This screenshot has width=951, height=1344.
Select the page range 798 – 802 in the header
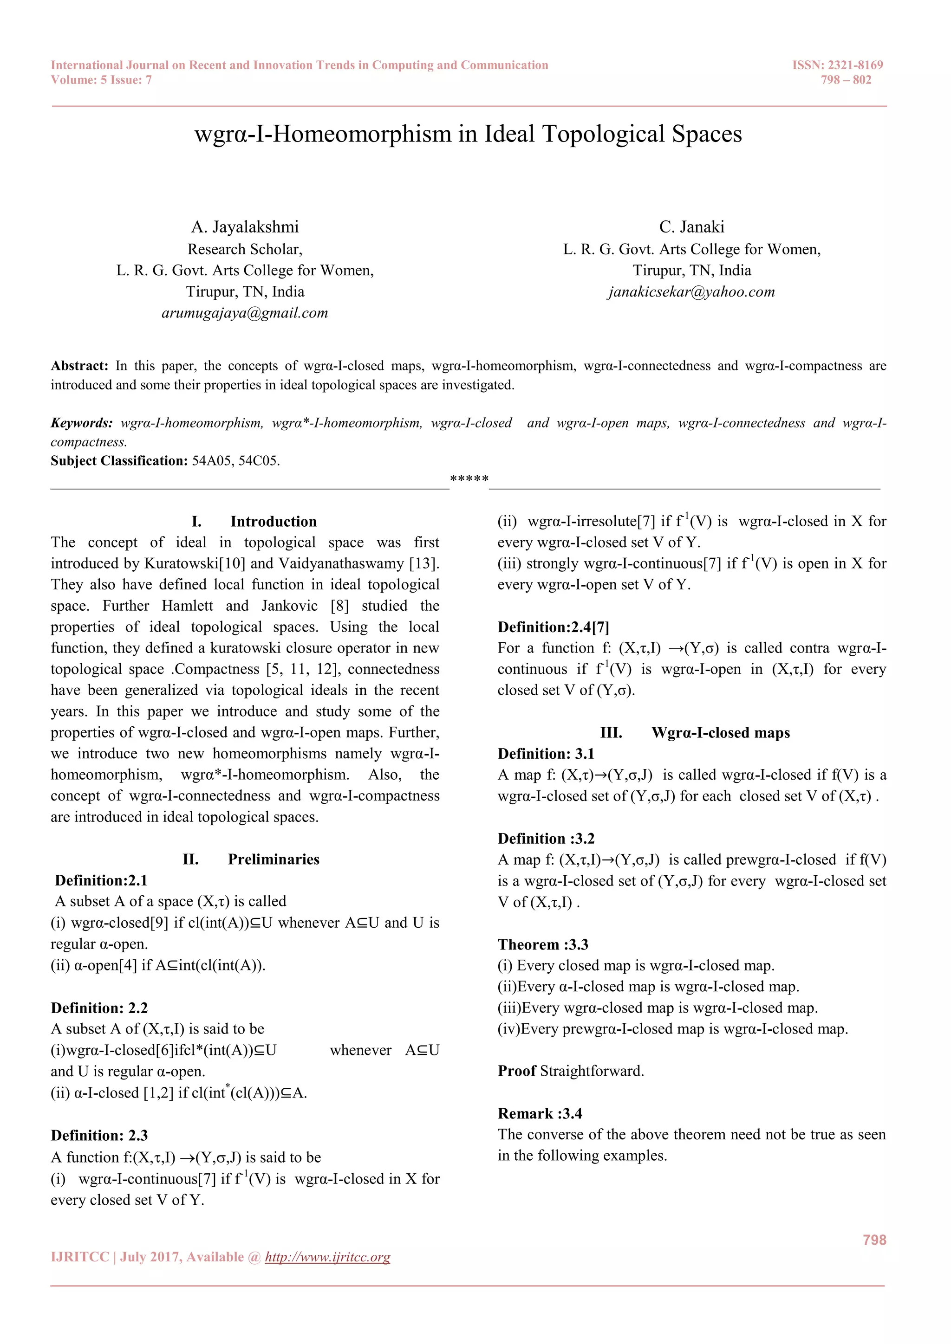846,80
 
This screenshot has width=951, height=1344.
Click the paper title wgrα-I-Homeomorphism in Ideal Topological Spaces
468,134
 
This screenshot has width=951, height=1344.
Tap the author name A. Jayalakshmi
245,227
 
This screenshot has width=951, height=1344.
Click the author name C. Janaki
691,227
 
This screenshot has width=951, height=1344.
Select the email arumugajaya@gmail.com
245,313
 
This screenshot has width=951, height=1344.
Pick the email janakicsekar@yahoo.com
691,292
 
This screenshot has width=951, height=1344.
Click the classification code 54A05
211,461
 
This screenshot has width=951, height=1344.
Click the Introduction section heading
273,522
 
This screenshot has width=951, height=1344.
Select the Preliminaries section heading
274,859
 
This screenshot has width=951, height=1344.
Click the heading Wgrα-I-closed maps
720,733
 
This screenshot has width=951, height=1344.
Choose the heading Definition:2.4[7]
554,627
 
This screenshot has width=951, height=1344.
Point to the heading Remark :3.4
540,1113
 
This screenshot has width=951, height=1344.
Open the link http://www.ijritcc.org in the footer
327,1257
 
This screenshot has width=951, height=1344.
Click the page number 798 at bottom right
874,1240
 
